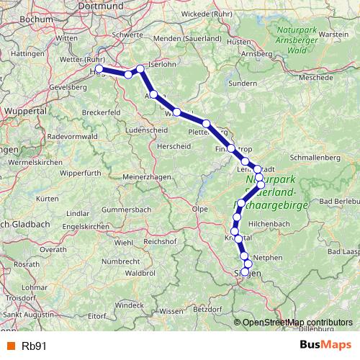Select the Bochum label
pyautogui.click(x=15, y=14)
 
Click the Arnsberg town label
pyautogui.click(x=257, y=53)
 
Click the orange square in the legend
pyautogui.click(x=10, y=345)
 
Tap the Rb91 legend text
pyautogui.click(x=34, y=345)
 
